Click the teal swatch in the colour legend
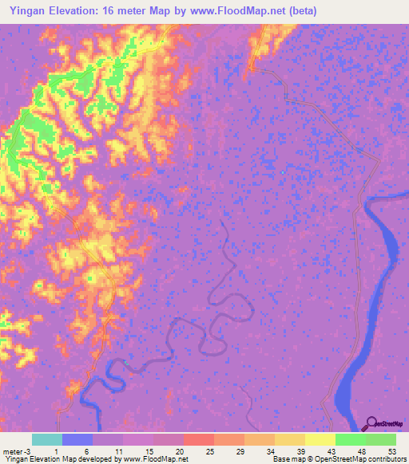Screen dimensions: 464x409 [47, 439]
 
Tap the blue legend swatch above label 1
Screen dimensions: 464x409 [77, 439]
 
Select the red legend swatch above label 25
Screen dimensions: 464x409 [198, 439]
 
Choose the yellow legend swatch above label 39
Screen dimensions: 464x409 [289, 439]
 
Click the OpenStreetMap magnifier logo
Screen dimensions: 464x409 [372, 423]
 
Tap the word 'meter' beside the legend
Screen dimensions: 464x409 [14, 451]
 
